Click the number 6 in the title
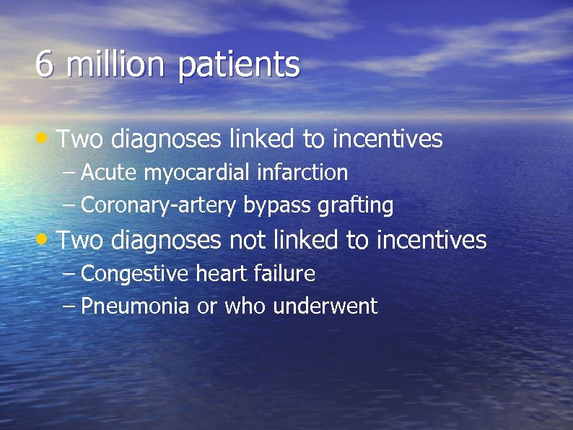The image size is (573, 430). pos(45,65)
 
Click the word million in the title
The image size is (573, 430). pos(114,65)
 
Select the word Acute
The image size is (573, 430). pos(110,173)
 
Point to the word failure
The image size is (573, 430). pos(284,274)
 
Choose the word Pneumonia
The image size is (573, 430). pos(135,306)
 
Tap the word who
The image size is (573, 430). pos(244,306)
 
